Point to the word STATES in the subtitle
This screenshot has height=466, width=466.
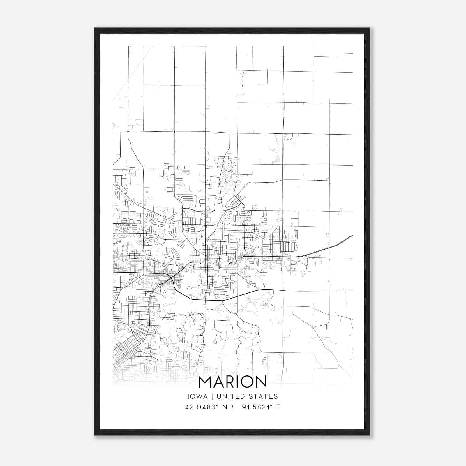pos(264,396)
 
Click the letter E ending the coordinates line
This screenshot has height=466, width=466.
pos(278,407)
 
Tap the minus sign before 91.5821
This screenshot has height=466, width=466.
pos(240,407)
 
